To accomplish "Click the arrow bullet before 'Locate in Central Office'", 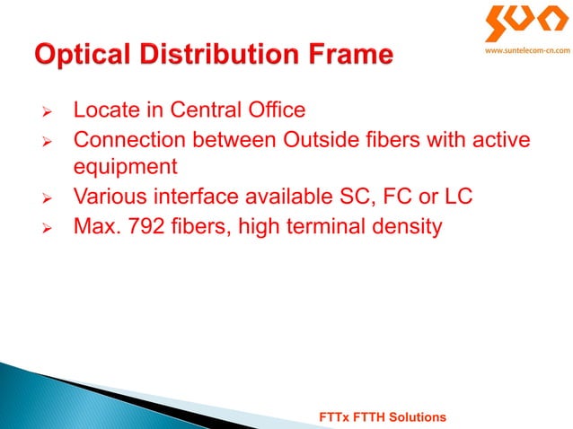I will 51,112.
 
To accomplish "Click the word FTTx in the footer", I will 338,418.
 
